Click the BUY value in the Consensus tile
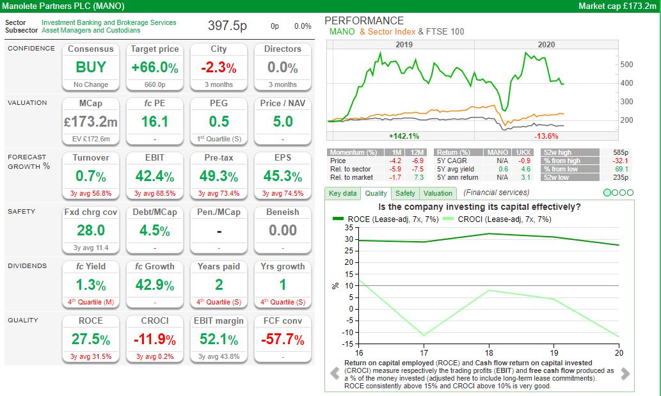click(90, 67)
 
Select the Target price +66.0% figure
click(154, 67)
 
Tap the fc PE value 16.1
click(154, 122)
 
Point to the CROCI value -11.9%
click(154, 339)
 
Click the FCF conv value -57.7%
click(282, 339)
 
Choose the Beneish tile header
click(282, 212)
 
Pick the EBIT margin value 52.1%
click(218, 339)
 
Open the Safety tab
click(404, 193)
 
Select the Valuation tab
click(438, 193)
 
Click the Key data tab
click(342, 193)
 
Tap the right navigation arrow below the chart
click(625, 374)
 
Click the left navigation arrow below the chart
click(334, 374)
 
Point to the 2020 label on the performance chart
click(546, 45)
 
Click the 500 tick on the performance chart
click(627, 65)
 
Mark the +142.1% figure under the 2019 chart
click(404, 136)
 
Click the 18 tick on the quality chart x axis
click(488, 352)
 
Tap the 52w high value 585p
click(621, 152)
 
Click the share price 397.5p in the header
click(227, 26)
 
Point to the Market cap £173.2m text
click(617, 6)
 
